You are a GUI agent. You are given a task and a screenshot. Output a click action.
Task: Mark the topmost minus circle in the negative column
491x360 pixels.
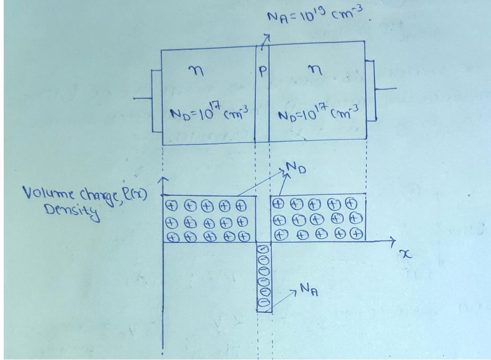265,248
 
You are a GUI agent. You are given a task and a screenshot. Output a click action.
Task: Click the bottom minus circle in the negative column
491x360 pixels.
265,303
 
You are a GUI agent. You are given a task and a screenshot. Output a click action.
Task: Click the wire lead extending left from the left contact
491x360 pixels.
142,98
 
